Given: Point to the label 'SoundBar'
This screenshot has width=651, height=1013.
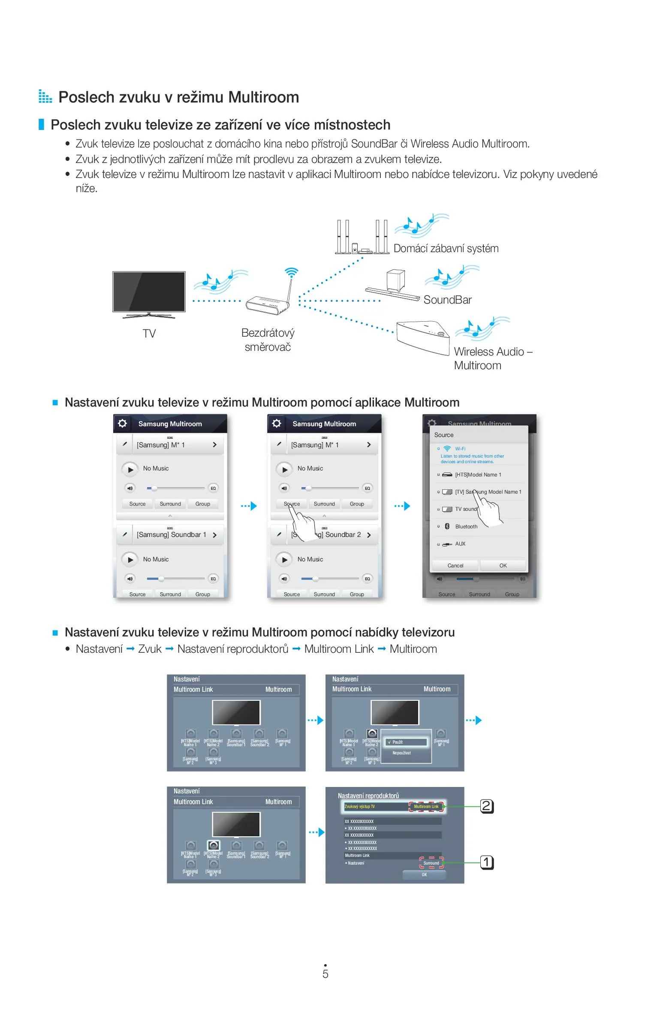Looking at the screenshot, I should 447,300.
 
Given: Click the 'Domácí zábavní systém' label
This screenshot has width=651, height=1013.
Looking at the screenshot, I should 446,248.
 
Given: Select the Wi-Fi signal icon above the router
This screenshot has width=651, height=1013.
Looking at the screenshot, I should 291,272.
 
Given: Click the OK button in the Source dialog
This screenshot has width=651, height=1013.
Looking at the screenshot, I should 503,566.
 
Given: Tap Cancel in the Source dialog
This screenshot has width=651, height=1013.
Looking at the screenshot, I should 455,566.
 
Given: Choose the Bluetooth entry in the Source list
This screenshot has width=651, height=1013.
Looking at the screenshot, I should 466,527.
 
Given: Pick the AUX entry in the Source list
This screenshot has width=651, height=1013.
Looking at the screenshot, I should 460,544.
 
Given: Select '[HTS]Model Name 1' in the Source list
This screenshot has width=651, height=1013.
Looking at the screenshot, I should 478,475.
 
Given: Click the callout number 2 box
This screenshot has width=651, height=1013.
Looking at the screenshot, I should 486,806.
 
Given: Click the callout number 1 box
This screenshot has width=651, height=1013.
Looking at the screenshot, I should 486,862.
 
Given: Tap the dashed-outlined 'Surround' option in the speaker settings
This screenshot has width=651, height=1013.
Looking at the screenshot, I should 431,863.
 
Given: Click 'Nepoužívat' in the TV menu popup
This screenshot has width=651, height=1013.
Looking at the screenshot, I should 402,753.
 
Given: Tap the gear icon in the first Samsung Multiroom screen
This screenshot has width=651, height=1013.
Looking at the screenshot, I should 122,424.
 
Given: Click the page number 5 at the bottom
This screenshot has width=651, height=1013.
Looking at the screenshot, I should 325,974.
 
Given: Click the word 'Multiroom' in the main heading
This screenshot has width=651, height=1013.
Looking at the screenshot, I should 263,97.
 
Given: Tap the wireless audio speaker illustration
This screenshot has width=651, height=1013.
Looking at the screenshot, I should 422,337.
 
